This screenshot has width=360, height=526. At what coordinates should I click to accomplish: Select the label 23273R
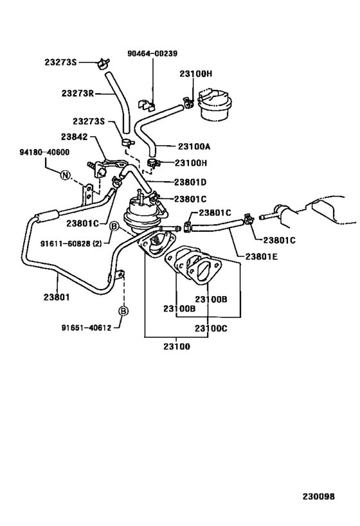78,93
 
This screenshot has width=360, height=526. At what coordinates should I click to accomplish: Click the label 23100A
194,146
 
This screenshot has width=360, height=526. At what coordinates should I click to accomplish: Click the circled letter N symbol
66,175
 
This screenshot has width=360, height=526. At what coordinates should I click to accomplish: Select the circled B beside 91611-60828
113,226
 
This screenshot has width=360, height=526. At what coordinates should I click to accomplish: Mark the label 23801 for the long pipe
58,297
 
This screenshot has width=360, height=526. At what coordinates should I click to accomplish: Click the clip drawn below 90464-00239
148,101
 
